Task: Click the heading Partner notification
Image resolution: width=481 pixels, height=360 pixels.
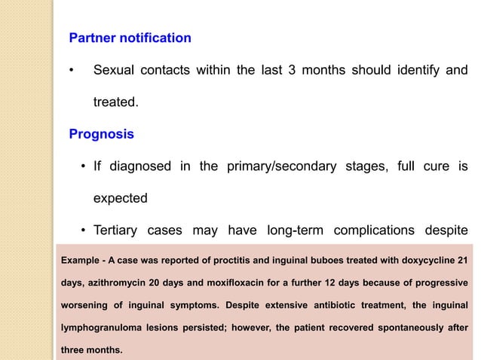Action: point(130,38)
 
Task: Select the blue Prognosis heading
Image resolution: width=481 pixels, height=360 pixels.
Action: point(101,135)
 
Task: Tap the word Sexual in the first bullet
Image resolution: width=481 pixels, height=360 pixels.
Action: point(115,72)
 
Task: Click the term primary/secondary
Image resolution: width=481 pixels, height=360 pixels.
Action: point(281,166)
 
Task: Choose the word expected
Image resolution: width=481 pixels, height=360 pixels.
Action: point(120,200)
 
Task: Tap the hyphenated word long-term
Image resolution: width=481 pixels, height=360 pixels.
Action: point(291,231)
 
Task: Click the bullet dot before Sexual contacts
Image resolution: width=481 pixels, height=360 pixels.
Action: point(70,72)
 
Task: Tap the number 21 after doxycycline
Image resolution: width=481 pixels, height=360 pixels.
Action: point(461,260)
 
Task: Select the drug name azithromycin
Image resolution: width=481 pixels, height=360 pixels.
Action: point(112,282)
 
